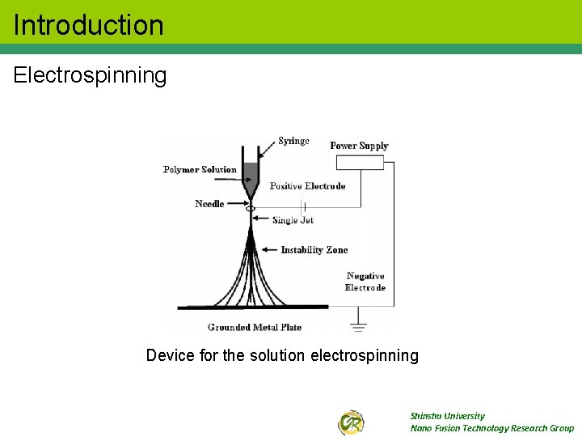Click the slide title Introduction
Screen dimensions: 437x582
(x=89, y=25)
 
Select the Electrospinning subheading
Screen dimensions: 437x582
(x=90, y=76)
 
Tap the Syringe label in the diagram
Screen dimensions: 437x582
(x=293, y=141)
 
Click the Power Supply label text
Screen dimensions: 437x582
(x=359, y=146)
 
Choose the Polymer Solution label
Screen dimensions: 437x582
(x=200, y=170)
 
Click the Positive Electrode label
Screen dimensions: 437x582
(x=307, y=186)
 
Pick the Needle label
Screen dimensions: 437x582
(x=209, y=204)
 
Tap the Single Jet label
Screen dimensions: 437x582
(x=293, y=220)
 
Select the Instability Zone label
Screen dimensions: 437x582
(x=314, y=250)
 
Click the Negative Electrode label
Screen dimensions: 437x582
(x=365, y=282)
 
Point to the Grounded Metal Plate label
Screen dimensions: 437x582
(x=255, y=328)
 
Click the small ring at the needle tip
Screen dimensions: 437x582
(x=251, y=209)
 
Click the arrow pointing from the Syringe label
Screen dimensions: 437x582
(x=267, y=148)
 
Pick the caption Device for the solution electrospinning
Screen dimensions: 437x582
(x=282, y=355)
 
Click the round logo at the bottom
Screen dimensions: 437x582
(x=351, y=422)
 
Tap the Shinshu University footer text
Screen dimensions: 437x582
(x=447, y=416)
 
